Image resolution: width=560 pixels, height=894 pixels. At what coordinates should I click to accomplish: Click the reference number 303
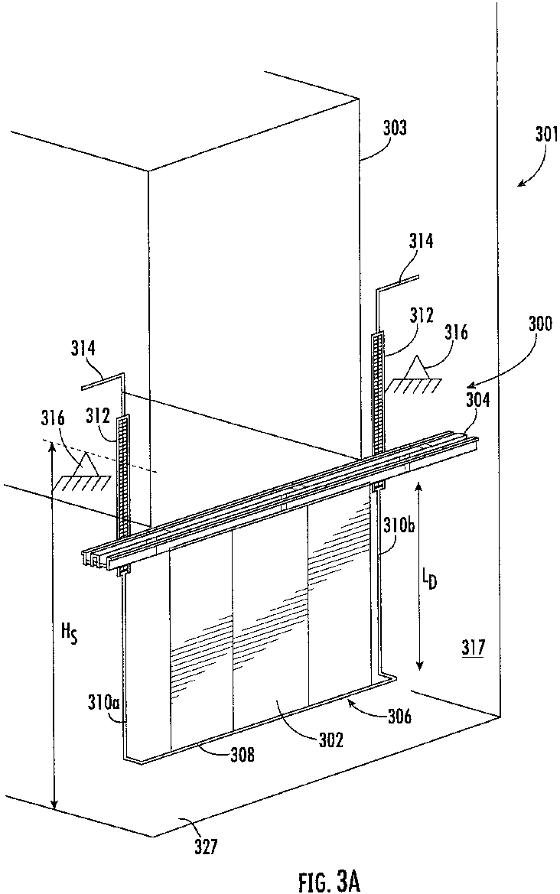click(394, 128)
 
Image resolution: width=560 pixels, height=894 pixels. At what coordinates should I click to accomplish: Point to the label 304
click(477, 400)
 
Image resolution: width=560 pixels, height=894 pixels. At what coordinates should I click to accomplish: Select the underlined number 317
click(474, 648)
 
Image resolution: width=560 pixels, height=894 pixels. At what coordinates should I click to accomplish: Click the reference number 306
click(400, 716)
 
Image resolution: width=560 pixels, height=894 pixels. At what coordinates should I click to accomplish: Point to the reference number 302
click(330, 740)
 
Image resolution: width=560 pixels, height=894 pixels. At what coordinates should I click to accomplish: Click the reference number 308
click(241, 756)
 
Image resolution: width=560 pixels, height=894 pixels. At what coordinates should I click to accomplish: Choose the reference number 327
click(205, 847)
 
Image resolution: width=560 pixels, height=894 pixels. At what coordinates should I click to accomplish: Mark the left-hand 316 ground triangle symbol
click(82, 471)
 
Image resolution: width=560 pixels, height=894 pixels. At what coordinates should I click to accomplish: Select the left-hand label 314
click(84, 349)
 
